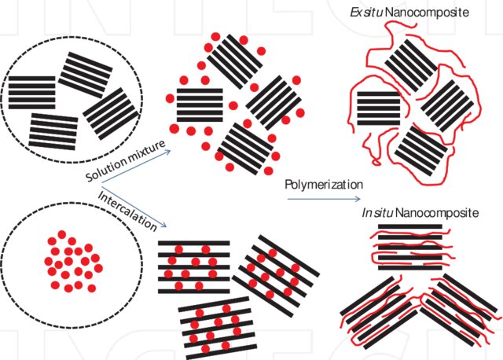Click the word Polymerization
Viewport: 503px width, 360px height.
[x=324, y=184]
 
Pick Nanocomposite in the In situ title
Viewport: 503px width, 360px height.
[x=437, y=212]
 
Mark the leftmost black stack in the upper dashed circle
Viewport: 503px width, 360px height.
[x=31, y=92]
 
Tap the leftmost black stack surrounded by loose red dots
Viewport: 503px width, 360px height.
[x=200, y=105]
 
